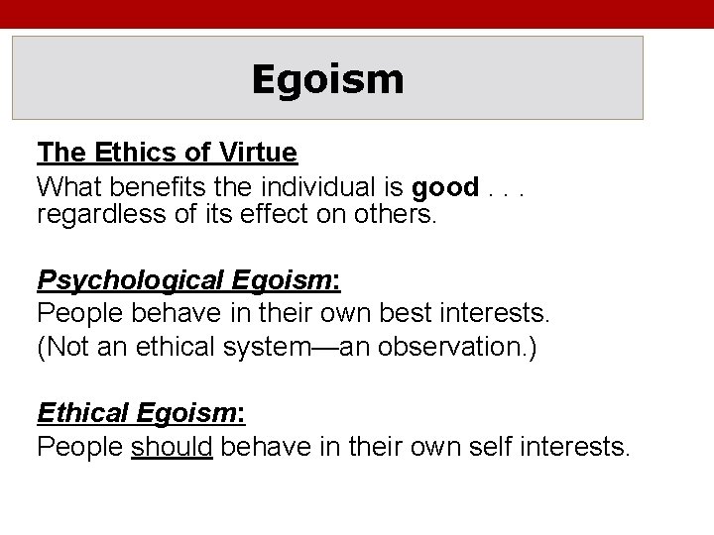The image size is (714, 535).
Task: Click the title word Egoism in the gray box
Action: coord(327,79)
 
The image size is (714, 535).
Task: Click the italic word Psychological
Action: coord(132,281)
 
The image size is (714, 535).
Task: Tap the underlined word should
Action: coord(172,448)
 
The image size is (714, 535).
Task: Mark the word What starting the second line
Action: coord(65,186)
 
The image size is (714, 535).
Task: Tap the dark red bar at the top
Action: coord(357,12)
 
